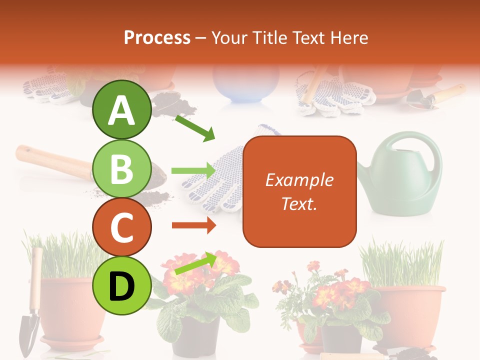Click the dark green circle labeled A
(x=122, y=109)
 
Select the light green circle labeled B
(x=122, y=168)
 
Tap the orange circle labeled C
(x=122, y=227)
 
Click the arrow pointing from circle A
(x=194, y=127)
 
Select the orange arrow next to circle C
(x=194, y=225)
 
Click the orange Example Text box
(x=299, y=191)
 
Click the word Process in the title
(x=157, y=37)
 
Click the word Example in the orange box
(x=299, y=180)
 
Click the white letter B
(x=122, y=168)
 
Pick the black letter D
(x=122, y=286)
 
